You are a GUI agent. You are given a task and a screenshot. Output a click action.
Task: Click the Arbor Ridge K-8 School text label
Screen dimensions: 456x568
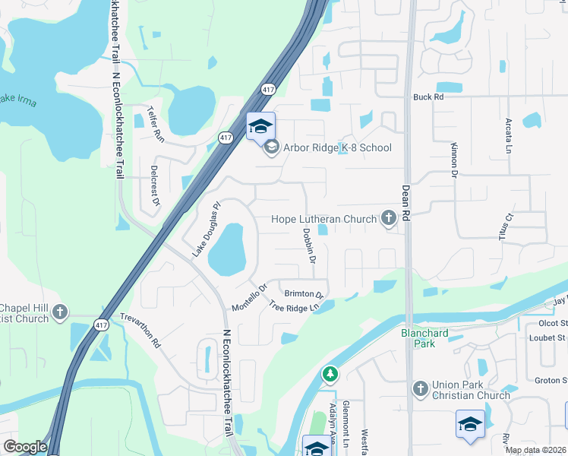tap(338, 147)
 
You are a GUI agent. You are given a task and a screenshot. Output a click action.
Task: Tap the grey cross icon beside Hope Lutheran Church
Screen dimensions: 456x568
tap(388, 220)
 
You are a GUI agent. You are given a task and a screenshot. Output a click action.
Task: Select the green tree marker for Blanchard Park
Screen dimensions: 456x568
tap(330, 374)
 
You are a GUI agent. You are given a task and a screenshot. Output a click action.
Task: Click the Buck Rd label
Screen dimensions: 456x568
tap(428, 97)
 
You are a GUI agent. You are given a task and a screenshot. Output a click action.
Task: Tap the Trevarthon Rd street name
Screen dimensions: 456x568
tap(141, 331)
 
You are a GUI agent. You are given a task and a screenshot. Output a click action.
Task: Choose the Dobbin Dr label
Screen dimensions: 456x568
tap(310, 245)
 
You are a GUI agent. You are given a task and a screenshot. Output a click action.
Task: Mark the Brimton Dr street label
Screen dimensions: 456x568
tap(304, 293)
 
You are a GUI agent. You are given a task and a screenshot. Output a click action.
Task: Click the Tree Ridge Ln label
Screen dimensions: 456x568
tap(292, 307)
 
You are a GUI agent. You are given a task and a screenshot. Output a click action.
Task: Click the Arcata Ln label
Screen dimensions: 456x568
tap(508, 135)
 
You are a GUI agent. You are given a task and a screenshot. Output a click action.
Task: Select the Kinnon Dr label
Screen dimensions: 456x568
tap(454, 159)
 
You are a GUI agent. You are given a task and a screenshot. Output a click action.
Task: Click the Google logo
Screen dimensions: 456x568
tap(25, 447)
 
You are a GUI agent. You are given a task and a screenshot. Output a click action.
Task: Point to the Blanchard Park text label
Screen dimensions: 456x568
tap(425, 338)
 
